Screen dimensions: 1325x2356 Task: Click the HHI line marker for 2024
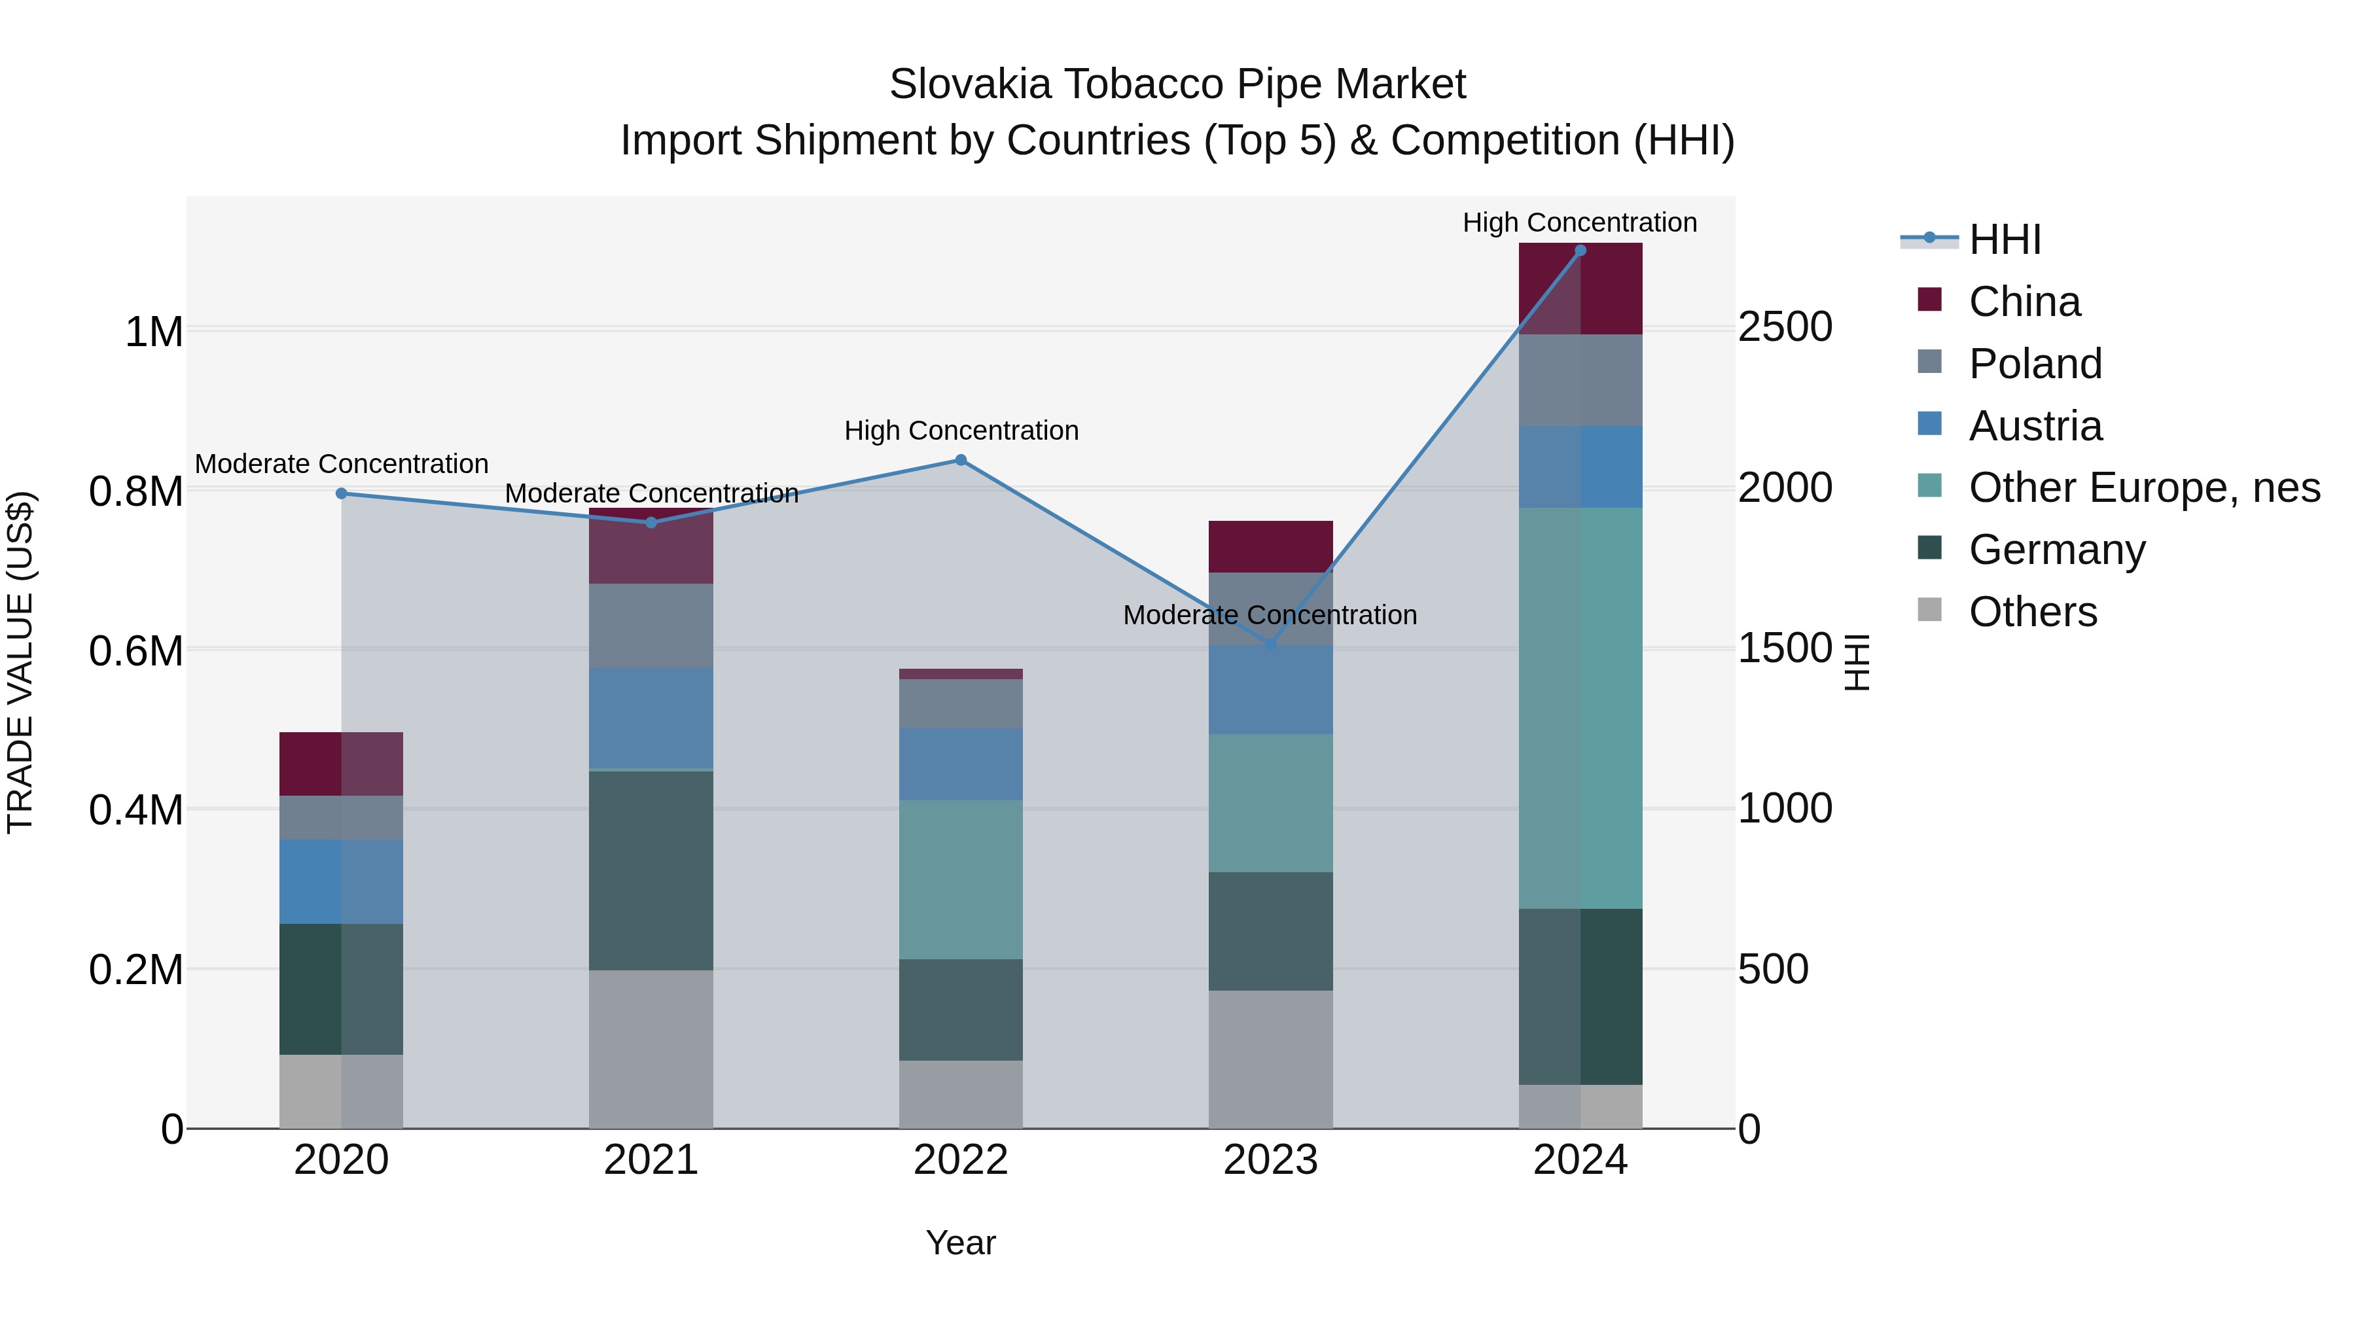1580,251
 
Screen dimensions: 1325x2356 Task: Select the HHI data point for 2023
1270,645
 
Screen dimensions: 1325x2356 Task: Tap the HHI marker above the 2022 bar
960,460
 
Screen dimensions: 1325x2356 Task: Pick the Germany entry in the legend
2056,550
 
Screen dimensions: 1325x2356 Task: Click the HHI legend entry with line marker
2004,239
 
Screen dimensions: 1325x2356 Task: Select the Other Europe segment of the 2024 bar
1580,709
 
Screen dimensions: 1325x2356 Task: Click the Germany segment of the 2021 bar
651,870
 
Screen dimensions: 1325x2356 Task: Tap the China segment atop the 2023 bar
1270,547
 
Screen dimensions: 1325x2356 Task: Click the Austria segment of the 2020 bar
340,881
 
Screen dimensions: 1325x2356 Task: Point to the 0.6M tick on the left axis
135,651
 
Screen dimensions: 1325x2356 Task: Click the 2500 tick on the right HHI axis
1785,327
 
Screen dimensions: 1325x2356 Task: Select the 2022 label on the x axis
960,1160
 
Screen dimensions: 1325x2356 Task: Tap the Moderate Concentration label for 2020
341,464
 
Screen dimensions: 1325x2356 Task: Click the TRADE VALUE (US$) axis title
20,662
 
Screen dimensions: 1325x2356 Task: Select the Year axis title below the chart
960,1243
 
